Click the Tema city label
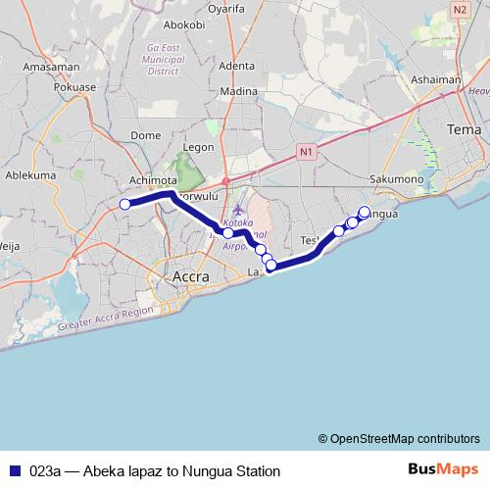(x=464, y=129)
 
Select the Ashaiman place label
(x=435, y=80)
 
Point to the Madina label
(x=238, y=91)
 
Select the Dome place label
(x=145, y=136)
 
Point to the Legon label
(x=198, y=147)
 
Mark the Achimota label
(x=153, y=181)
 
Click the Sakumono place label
(x=397, y=179)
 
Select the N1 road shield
(x=306, y=152)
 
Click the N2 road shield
(x=461, y=9)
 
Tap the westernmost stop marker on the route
(x=124, y=204)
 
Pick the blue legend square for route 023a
(x=13, y=470)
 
